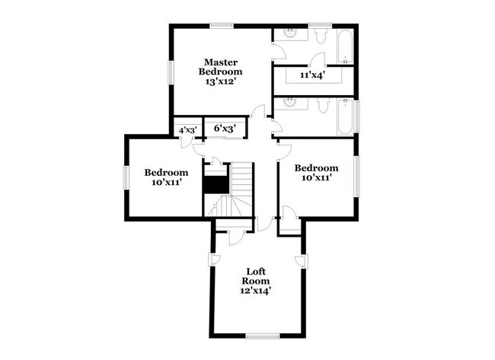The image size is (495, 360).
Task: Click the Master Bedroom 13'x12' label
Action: (x=220, y=72)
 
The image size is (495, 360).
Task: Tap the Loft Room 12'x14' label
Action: (x=256, y=281)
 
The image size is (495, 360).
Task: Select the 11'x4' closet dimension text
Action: (x=312, y=75)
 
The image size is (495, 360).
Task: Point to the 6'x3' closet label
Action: (x=225, y=128)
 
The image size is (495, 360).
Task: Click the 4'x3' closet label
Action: (x=188, y=129)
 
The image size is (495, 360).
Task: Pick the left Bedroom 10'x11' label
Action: (x=166, y=177)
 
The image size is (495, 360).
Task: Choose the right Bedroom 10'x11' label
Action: (x=316, y=172)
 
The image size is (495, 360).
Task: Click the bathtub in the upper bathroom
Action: (x=345, y=46)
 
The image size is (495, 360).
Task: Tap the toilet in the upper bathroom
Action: (x=321, y=36)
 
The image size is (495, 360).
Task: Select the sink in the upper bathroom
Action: (x=290, y=33)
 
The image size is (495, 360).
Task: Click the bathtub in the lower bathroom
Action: (x=345, y=116)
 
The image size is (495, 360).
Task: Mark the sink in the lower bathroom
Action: (x=290, y=103)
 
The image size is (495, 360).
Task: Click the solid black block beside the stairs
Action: (x=216, y=185)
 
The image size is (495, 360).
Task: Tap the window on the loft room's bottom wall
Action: (x=263, y=336)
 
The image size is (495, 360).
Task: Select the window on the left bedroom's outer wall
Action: (x=126, y=177)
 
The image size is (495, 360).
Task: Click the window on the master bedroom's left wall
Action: (x=171, y=72)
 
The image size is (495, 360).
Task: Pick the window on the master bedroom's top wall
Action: (x=222, y=26)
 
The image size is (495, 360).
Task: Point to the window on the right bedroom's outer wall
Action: (x=356, y=176)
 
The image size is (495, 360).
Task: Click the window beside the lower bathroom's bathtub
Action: (x=356, y=116)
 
